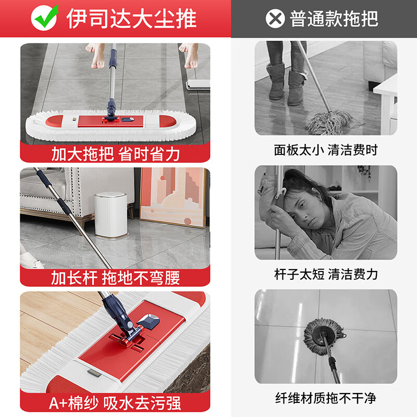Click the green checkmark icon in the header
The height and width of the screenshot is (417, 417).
[44, 18]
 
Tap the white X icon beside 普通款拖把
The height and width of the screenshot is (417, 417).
[275, 19]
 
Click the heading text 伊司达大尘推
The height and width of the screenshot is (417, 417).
[131, 19]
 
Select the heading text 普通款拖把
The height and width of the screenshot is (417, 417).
[334, 19]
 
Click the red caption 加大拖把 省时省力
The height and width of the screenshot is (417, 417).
[115, 154]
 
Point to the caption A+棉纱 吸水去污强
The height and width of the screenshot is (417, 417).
[115, 402]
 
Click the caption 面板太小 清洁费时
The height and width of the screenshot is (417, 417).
[325, 150]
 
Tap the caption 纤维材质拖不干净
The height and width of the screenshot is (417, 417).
[325, 398]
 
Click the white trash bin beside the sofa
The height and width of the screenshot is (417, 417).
[111, 214]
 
